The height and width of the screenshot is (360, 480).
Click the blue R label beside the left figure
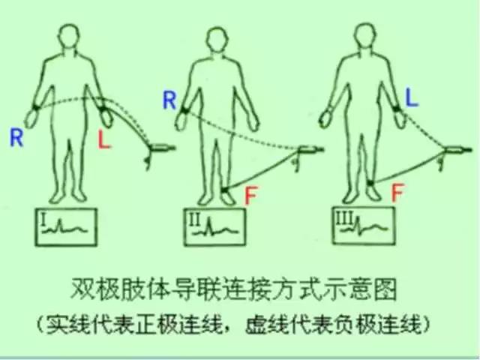click(x=16, y=138)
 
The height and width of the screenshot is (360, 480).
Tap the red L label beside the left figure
click(x=104, y=140)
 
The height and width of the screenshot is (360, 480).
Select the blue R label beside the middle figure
click(x=169, y=100)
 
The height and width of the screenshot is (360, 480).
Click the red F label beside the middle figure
click(x=251, y=195)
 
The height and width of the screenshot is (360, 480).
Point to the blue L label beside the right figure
click(x=412, y=97)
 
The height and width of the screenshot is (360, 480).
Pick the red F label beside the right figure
click(x=397, y=193)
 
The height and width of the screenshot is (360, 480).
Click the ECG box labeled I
click(x=66, y=227)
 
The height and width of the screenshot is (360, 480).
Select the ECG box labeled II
click(x=214, y=226)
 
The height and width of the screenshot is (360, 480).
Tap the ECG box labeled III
click(x=364, y=226)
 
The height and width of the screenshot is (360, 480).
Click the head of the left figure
click(x=69, y=36)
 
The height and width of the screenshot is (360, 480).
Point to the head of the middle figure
click(x=217, y=39)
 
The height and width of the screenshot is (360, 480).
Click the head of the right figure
click(x=364, y=34)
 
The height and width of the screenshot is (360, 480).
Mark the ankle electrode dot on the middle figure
click(x=224, y=190)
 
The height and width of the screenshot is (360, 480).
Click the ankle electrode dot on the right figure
click(x=370, y=183)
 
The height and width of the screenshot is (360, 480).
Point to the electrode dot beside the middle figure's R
click(x=184, y=110)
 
